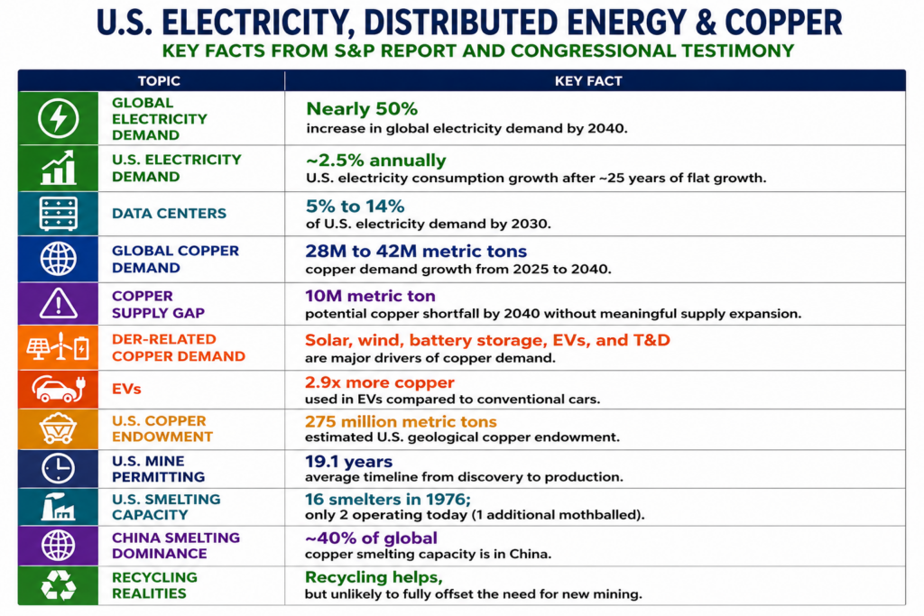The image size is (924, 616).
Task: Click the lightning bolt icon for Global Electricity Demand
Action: [58, 118]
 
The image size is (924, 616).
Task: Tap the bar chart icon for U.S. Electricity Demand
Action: [58, 168]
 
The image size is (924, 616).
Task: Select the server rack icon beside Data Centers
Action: [58, 214]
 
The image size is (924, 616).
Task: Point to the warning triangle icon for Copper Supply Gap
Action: [58, 304]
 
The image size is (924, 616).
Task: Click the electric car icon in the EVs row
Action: [58, 390]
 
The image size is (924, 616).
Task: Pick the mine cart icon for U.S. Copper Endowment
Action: [58, 428]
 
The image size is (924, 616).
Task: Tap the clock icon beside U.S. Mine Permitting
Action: [58, 468]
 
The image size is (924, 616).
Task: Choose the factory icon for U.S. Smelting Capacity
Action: [58, 507]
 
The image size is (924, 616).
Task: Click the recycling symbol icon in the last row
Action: [58, 585]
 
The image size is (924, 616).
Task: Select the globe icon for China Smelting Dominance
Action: [58, 546]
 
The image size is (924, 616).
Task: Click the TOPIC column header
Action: [159, 80]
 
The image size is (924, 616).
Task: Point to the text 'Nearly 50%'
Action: [362, 109]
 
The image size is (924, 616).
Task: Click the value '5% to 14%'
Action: [355, 206]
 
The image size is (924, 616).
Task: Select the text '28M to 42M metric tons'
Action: [416, 251]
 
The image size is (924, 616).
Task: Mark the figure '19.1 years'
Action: [349, 462]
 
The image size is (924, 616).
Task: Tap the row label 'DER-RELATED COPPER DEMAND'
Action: [179, 347]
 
